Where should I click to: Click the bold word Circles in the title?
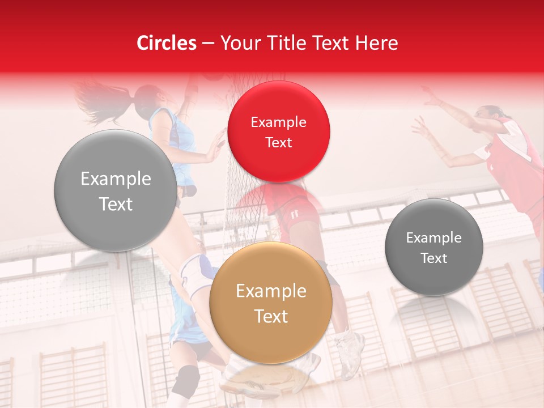167,43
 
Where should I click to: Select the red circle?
278,131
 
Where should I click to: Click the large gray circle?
116,190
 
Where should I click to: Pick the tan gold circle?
271,304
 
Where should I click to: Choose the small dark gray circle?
434,247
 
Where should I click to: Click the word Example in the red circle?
278,122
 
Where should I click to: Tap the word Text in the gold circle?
271,316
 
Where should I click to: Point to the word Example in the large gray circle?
116,179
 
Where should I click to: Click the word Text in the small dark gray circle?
434,258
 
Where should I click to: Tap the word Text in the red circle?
278,143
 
